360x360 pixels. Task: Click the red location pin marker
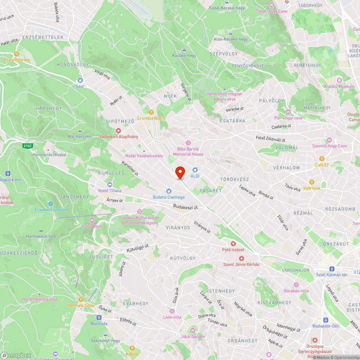[x=180, y=172]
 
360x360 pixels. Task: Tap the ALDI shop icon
[x=195, y=170]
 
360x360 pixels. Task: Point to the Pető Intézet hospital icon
[x=233, y=244]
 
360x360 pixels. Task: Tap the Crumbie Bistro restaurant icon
[x=151, y=112]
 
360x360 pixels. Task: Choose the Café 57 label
[x=322, y=165]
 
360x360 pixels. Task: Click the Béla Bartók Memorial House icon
[x=188, y=143]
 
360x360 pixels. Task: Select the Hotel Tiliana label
[x=110, y=190]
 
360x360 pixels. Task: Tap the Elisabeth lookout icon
[x=51, y=204]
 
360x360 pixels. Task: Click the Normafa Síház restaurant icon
[x=81, y=299]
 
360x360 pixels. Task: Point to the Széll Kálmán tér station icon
[x=332, y=269]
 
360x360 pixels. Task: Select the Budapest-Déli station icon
[x=325, y=320]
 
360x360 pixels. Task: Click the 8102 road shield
[x=27, y=146]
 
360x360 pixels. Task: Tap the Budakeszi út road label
[x=185, y=207]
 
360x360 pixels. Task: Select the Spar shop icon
[x=80, y=80]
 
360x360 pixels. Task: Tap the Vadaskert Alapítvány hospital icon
[x=118, y=131]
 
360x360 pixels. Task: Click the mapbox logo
[x=16, y=355]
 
